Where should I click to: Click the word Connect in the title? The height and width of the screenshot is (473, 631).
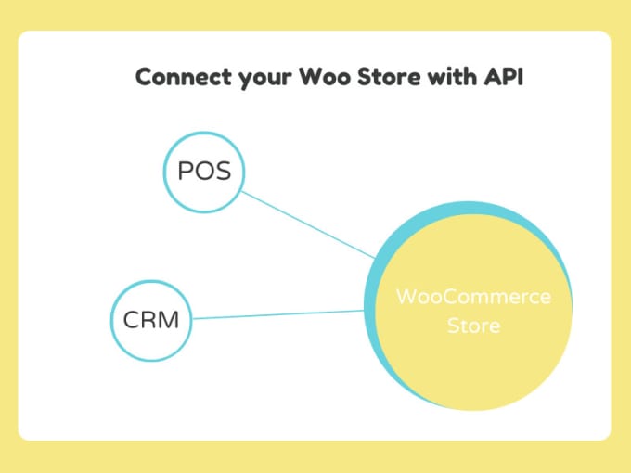[x=178, y=77]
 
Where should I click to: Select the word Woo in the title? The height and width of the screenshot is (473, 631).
[x=320, y=77]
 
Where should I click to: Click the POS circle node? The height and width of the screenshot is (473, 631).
[x=203, y=172]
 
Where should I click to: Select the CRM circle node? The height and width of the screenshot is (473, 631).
[x=151, y=321]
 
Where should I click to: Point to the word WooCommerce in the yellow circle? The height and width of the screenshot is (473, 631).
[x=473, y=298]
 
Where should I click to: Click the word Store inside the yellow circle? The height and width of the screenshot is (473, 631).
[x=473, y=326]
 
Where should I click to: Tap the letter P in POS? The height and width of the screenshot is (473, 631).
[x=185, y=172]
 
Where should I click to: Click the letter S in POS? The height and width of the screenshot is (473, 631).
[x=223, y=172]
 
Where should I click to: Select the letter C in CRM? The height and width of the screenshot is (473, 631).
[x=131, y=321]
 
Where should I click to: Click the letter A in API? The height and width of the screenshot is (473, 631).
[x=489, y=77]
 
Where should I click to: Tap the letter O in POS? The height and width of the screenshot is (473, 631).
[x=203, y=172]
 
